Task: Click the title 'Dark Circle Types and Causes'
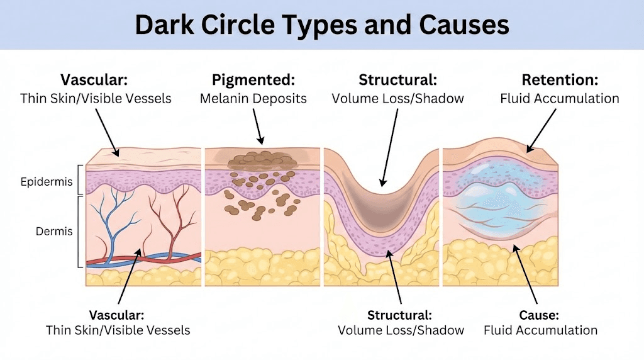[x=322, y=25]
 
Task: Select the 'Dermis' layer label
[x=54, y=231]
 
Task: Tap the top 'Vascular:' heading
[x=95, y=80]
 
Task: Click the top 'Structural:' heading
[x=397, y=80]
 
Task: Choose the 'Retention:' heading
[x=560, y=80]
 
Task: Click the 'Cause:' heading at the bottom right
[x=540, y=314]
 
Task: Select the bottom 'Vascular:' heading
[x=117, y=314]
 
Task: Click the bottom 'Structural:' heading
[x=400, y=314]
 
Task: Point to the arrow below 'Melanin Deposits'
[x=258, y=126]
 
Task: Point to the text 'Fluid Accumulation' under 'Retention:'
[x=560, y=98]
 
